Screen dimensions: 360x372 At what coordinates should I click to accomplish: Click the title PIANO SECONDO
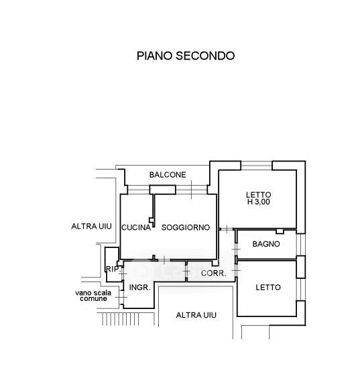click(x=186, y=56)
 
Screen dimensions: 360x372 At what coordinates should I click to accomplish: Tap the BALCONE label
click(x=168, y=175)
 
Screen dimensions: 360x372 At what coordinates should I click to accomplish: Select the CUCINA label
click(x=136, y=227)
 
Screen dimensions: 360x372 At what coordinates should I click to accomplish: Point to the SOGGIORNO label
click(x=186, y=227)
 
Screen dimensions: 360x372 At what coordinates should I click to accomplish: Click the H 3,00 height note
click(x=258, y=202)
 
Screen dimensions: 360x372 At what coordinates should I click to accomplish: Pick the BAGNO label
click(x=266, y=244)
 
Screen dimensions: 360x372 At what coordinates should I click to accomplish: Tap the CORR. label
click(x=213, y=273)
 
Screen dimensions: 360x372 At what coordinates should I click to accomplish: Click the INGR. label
click(x=139, y=288)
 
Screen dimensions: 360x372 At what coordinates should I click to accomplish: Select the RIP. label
click(x=113, y=269)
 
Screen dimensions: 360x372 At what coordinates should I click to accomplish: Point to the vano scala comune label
click(x=93, y=296)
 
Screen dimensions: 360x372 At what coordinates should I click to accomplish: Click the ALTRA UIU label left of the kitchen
click(x=91, y=227)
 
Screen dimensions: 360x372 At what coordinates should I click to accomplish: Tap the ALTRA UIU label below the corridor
click(x=196, y=315)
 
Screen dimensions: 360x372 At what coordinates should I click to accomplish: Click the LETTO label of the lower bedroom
click(x=268, y=288)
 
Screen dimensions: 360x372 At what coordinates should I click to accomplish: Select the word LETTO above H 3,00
click(x=258, y=195)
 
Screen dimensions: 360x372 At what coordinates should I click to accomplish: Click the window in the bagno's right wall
click(x=301, y=245)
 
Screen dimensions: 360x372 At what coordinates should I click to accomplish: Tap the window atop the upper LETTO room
click(x=256, y=166)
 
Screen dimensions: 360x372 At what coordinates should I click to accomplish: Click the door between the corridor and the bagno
click(x=236, y=249)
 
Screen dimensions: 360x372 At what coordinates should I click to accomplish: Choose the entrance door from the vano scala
click(x=121, y=298)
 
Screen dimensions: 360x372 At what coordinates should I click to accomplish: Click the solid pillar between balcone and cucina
click(x=162, y=190)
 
